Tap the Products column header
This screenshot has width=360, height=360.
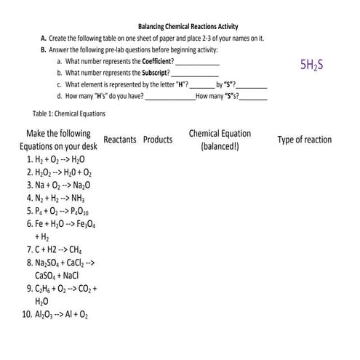(x=158, y=140)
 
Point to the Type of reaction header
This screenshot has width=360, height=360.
(x=304, y=140)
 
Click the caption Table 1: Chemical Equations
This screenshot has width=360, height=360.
(x=69, y=114)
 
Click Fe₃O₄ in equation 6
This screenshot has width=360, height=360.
(x=84, y=224)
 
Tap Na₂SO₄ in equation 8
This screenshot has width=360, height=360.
(x=49, y=263)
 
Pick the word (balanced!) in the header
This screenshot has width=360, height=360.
(x=219, y=146)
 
